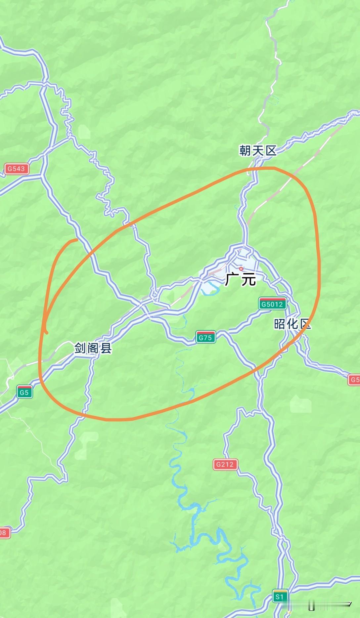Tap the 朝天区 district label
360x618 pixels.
tap(258, 151)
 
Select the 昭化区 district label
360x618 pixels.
tap(292, 324)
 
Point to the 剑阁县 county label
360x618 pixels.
tap(93, 348)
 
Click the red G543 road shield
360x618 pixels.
tap(17, 169)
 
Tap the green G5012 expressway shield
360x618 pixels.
tap(272, 304)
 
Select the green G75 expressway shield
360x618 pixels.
tap(205, 338)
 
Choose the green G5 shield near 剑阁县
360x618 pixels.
tap(24, 392)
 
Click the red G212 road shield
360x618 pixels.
tap(225, 464)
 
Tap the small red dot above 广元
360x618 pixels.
tap(241, 269)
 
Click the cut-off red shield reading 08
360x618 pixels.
tap(4, 533)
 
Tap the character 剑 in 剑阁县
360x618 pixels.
tap(81, 348)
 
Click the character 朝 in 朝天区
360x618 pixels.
tap(246, 151)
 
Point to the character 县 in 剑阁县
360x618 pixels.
tap(106, 348)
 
